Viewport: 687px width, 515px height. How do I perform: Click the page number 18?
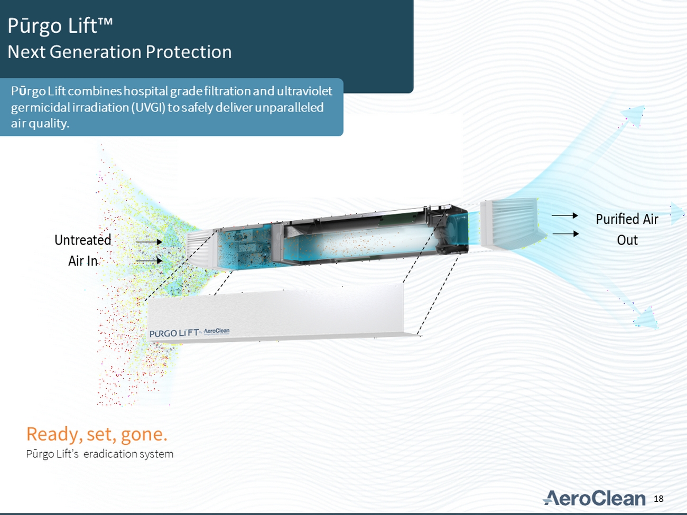(658, 499)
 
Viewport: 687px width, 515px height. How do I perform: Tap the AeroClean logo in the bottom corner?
(594, 498)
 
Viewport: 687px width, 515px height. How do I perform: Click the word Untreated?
(82, 240)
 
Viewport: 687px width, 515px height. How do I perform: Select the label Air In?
(82, 261)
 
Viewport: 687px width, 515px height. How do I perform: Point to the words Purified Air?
(627, 219)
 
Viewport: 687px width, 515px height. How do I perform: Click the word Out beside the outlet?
(627, 240)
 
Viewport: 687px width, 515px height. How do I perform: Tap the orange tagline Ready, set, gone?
(97, 434)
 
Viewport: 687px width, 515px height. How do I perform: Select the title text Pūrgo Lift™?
(60, 26)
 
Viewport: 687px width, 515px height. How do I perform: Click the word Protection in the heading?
(189, 52)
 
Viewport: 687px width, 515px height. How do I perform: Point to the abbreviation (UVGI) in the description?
(148, 108)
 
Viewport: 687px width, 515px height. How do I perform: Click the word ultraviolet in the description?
(304, 91)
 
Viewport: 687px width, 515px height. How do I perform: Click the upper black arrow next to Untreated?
(149, 242)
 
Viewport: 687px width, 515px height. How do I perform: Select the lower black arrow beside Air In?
(149, 260)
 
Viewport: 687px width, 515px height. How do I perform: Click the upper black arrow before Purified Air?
(564, 216)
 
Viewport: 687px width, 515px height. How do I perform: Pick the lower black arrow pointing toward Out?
(565, 233)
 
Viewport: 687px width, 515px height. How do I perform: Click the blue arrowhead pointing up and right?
(635, 115)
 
